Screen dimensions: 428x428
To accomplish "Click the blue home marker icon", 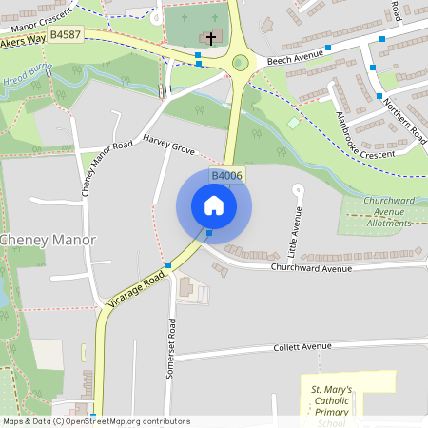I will pos(214,205).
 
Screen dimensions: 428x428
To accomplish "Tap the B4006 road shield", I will pos(226,176).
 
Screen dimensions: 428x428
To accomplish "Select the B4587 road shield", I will pos(65,34).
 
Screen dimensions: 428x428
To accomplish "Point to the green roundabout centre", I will pos(240,63).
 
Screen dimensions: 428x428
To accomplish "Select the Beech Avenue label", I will pos(295,59).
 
